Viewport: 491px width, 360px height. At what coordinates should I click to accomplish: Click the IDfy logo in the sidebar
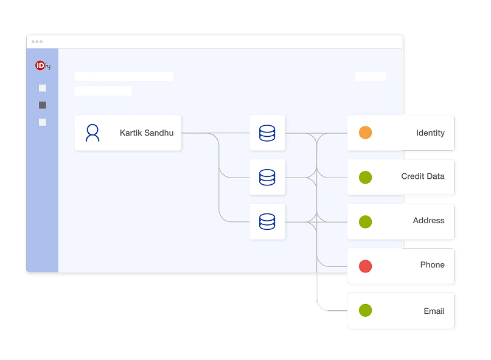click(43, 66)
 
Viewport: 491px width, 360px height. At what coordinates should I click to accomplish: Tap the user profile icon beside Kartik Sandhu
click(92, 133)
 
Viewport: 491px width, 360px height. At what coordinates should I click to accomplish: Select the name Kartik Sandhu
click(147, 133)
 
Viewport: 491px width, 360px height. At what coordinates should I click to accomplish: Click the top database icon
click(267, 133)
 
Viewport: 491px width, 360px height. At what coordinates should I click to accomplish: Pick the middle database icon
click(267, 177)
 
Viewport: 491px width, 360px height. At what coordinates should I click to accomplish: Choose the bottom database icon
click(267, 221)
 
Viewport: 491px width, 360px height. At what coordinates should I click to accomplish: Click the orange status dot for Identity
click(365, 133)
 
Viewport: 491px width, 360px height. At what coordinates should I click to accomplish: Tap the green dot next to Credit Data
click(365, 177)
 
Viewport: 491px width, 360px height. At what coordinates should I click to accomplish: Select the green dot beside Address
click(365, 221)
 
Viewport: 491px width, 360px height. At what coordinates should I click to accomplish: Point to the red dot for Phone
click(365, 266)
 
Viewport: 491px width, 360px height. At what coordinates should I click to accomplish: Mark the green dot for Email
click(365, 310)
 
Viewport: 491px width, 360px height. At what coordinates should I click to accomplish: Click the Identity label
click(430, 133)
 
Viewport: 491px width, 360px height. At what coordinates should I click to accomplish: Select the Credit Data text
click(423, 176)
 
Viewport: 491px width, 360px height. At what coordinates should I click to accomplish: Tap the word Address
click(429, 220)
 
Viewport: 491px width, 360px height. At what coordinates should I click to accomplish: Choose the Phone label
click(433, 265)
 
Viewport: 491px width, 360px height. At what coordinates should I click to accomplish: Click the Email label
click(434, 311)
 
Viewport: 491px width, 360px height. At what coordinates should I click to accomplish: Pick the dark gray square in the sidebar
click(42, 105)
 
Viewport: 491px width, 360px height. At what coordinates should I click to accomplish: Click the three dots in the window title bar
click(37, 41)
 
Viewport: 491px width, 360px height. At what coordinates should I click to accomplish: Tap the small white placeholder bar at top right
click(371, 76)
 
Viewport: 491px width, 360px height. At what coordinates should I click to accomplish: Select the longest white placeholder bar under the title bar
click(124, 76)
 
